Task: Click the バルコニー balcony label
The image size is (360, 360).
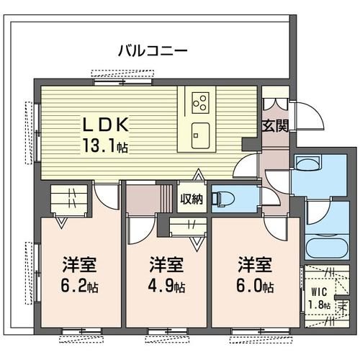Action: (x=153, y=51)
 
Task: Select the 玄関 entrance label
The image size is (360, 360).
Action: (x=275, y=126)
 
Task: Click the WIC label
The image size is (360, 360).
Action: (x=318, y=293)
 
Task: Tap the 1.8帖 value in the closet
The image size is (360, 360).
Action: (x=318, y=306)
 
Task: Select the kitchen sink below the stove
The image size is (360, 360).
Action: (x=200, y=131)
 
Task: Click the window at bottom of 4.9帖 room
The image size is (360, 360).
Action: (x=168, y=333)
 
